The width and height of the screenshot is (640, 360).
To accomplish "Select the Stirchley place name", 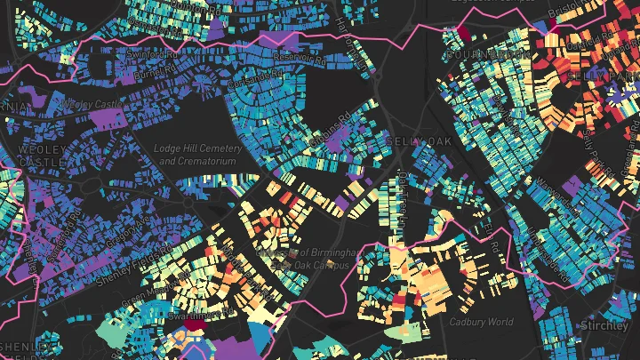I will (605, 326).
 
